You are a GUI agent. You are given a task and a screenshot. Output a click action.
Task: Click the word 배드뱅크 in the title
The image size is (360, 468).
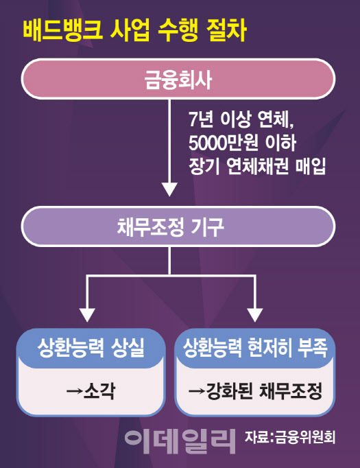tap(63, 30)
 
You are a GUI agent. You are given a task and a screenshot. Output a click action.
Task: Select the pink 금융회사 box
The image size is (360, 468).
tap(178, 79)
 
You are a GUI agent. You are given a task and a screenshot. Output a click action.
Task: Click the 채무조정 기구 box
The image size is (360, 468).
tap(178, 226)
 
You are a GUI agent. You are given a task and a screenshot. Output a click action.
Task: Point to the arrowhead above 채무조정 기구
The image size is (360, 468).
tap(169, 189)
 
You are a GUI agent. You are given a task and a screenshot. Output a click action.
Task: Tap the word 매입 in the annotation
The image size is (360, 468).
tap(310, 165)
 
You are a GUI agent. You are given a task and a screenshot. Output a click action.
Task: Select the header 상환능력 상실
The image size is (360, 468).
tap(91, 347)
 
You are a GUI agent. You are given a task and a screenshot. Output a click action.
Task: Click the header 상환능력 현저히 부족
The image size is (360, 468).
tap(255, 347)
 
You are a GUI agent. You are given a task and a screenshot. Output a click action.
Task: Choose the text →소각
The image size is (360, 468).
tap(91, 390)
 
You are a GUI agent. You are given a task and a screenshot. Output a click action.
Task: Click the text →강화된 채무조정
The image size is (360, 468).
tap(255, 390)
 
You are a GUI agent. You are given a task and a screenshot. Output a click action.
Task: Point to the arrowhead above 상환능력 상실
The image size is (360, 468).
tap(87, 315)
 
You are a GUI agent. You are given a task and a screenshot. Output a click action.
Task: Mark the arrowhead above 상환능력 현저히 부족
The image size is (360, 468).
tap(255, 315)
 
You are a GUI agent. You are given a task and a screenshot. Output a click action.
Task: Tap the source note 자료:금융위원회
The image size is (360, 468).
tap(290, 437)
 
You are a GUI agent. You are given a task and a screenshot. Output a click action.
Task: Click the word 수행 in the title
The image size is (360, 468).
tap(178, 30)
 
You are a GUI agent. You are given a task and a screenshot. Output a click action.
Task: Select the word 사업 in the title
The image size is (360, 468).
tap(130, 30)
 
